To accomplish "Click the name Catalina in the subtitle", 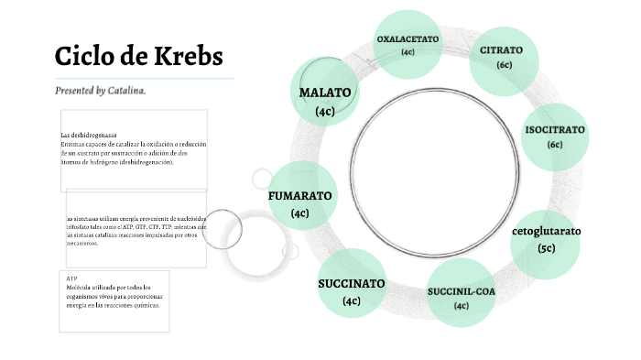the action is pyautogui.click(x=125, y=91).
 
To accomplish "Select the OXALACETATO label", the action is pyautogui.click(x=408, y=39).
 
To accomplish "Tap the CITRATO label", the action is pyautogui.click(x=502, y=49).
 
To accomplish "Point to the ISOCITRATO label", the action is pyautogui.click(x=554, y=130).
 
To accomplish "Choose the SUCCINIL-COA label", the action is pyautogui.click(x=461, y=292).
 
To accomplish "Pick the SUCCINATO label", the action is pyautogui.click(x=352, y=283).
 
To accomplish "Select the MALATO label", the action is pyautogui.click(x=325, y=93).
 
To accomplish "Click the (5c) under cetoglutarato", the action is pyautogui.click(x=547, y=248).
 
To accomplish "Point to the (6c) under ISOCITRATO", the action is pyautogui.click(x=555, y=145).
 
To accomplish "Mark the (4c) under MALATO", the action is pyautogui.click(x=325, y=111).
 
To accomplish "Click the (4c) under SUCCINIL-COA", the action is pyautogui.click(x=462, y=306).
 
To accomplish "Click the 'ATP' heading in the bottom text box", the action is pyautogui.click(x=72, y=276).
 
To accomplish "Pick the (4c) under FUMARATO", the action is pyautogui.click(x=299, y=213).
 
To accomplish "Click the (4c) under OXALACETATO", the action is pyautogui.click(x=408, y=52).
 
